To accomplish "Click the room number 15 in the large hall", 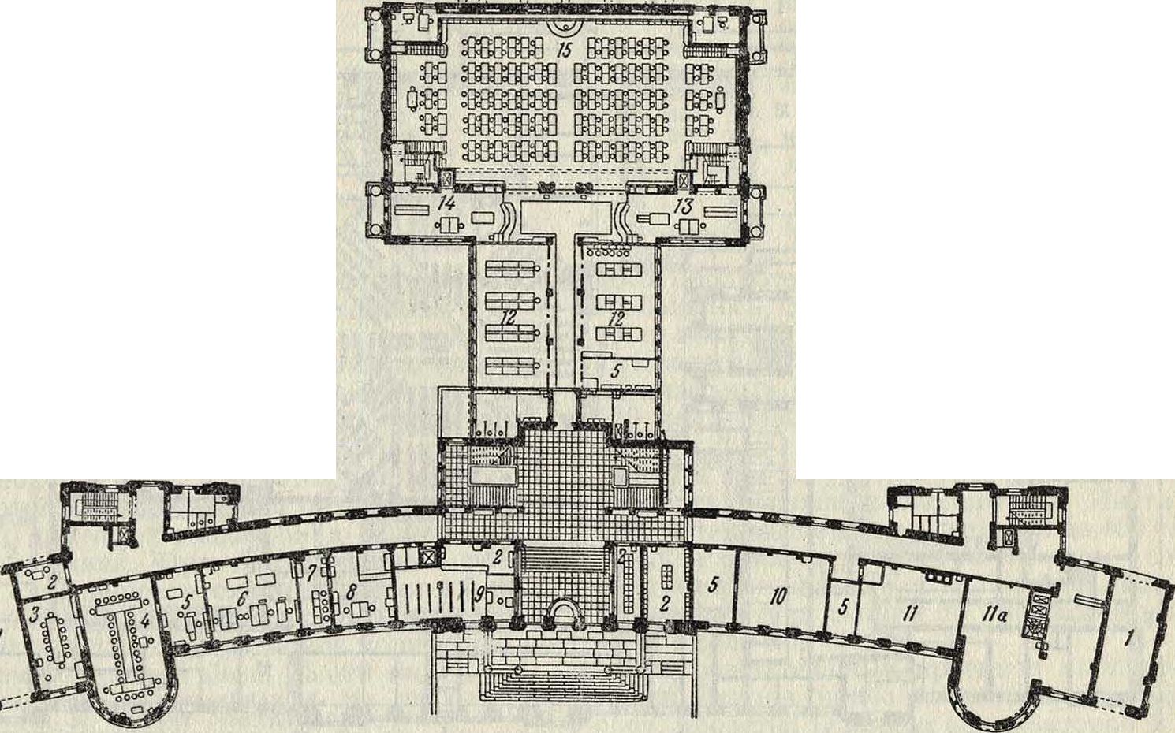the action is tap(565, 51).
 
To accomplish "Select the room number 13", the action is tap(684, 207).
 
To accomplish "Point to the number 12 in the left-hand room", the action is tap(509, 316).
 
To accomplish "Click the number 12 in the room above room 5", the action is tap(617, 318).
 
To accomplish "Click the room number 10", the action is tap(779, 596).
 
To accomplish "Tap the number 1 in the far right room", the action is tap(1128, 638).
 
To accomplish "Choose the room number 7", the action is tap(311, 574).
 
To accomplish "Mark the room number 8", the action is tap(352, 593).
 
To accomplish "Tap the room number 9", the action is tap(479, 596).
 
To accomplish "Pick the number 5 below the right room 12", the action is tap(617, 371).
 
